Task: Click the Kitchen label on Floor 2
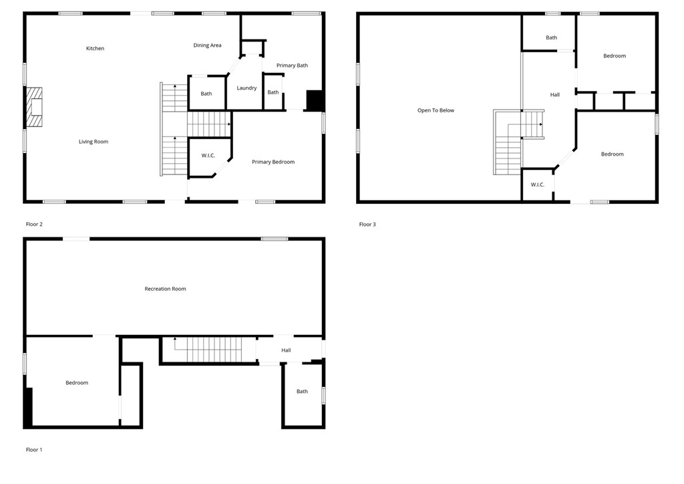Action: tap(95, 48)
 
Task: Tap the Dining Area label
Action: tap(207, 45)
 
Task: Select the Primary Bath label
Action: tap(292, 66)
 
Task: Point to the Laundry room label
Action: tap(246, 88)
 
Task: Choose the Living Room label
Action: tap(94, 142)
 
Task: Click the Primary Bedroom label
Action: tap(273, 162)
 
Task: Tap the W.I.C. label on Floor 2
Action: tap(208, 156)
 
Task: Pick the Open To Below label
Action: tap(436, 110)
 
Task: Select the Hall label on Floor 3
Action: tap(554, 95)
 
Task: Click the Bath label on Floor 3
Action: tap(551, 37)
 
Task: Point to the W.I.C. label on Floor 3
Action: tap(538, 185)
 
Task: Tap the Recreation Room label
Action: tap(165, 289)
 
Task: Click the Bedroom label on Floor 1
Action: tap(77, 383)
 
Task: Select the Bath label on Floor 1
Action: tap(302, 392)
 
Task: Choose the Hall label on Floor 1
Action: tap(286, 350)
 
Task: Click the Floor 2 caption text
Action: tap(34, 225)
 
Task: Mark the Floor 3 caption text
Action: tap(367, 225)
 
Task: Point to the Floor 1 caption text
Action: tap(34, 450)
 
